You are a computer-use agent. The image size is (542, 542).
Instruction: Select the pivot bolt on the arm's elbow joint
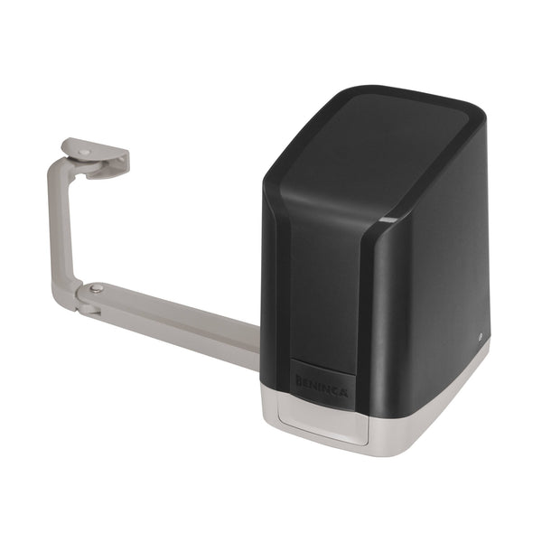[96, 289]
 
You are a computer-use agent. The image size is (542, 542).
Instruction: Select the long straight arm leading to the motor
[181, 321]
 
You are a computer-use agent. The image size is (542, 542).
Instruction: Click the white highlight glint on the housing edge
[387, 220]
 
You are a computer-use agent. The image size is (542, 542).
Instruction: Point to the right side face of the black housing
[434, 289]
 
